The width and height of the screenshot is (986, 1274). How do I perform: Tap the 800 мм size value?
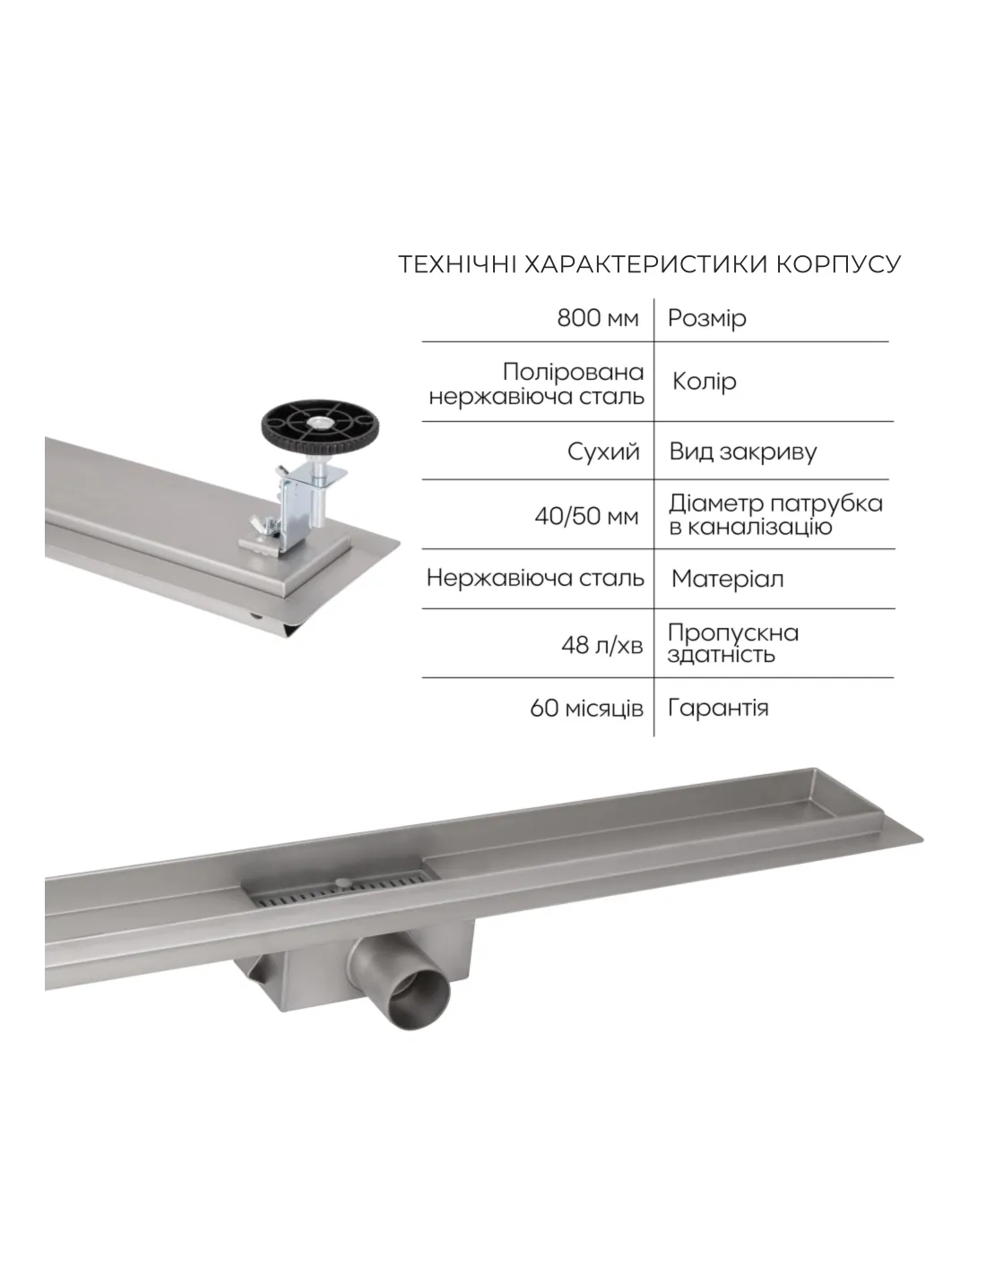pos(597,318)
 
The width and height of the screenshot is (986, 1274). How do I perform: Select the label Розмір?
pos(707,319)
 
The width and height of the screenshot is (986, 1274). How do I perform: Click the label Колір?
pos(704,383)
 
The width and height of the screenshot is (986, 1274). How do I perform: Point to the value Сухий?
pos(603,452)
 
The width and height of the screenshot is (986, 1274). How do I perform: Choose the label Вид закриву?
pos(742,452)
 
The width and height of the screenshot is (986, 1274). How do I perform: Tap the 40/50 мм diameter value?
pos(586,517)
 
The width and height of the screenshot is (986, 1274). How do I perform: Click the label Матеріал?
pos(727,580)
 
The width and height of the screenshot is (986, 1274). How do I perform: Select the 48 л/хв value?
pos(601,645)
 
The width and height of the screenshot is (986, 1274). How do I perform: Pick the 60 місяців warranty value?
pos(586,709)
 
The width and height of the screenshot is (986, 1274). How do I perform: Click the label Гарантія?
pos(718,709)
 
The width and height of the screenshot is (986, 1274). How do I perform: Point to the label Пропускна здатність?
pos(732,644)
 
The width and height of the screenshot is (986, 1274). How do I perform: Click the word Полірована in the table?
pos(573,373)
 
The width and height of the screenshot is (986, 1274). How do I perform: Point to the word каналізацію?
pos(750,527)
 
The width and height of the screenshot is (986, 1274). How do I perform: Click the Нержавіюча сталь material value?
pos(535,579)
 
